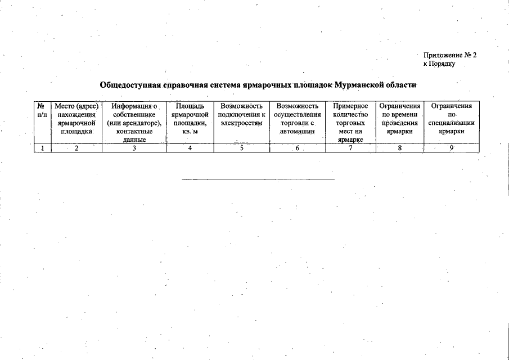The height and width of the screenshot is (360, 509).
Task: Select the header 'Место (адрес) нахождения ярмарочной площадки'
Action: pos(76,118)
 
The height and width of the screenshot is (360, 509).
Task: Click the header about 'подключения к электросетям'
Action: pos(242,114)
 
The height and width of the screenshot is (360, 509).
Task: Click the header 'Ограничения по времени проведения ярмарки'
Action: pos(400,118)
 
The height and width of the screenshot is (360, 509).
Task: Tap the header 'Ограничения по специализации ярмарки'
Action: pos(451,118)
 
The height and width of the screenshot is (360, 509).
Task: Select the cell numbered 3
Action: pos(134,148)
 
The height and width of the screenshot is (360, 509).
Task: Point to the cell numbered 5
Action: pos(241,148)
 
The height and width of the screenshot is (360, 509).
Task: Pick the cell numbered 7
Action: pos(350,148)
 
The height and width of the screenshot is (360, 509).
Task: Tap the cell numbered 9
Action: pos(451,148)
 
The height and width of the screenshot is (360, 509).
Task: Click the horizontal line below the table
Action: pos(258,179)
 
